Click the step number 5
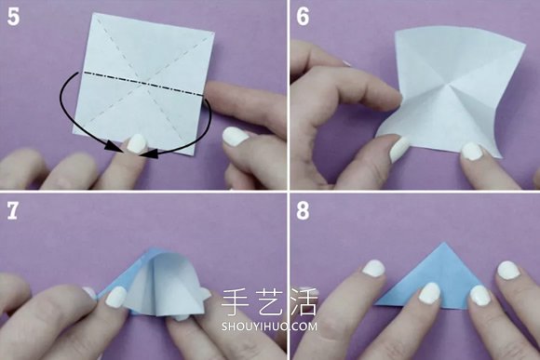(13, 17)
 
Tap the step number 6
(304, 17)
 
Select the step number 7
(12, 210)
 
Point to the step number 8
(304, 210)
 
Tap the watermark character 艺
(269, 302)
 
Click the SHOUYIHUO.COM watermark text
(269, 326)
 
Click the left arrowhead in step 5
(113, 146)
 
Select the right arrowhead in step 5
(151, 153)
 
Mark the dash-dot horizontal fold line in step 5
(143, 83)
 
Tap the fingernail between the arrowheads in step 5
(136, 143)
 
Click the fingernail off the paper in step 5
(235, 137)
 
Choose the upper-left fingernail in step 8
(374, 268)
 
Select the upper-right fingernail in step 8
(508, 270)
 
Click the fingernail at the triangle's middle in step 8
(429, 293)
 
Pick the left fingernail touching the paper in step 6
(399, 149)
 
